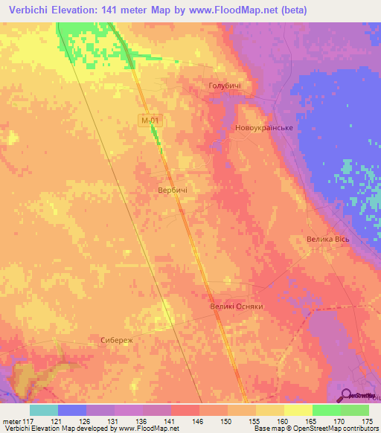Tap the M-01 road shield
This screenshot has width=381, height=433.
[x=150, y=119]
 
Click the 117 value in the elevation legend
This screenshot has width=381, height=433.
[x=28, y=421]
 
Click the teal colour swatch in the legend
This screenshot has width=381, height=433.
[x=43, y=410]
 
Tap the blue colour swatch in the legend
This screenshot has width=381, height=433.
[x=71, y=410]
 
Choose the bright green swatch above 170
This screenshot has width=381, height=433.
[x=327, y=410]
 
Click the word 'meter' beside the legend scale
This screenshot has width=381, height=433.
[x=10, y=421]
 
